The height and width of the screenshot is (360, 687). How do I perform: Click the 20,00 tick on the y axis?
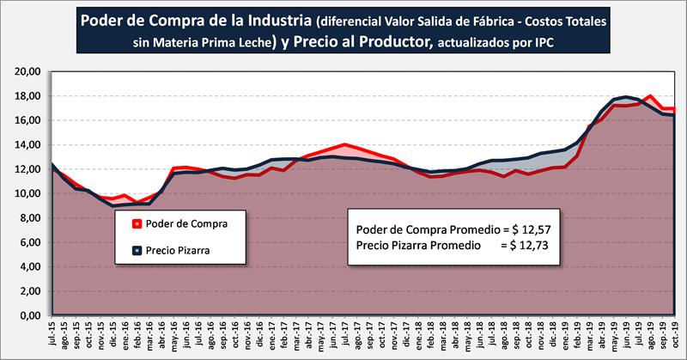28,71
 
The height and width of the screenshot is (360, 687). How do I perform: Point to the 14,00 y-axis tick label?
28,144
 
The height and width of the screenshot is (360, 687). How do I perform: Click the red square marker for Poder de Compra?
137,224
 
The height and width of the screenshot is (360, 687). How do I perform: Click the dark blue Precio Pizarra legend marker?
137,252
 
